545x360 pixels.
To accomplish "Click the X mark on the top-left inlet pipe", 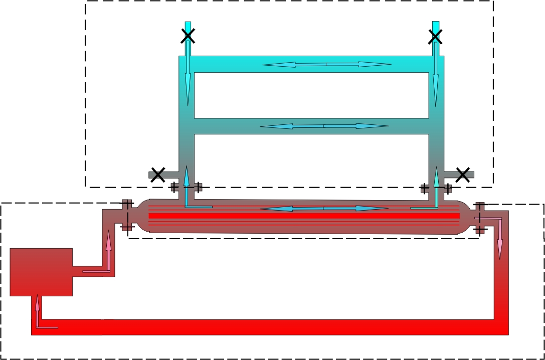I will point(188,36).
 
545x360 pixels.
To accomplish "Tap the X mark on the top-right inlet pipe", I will point(435,36).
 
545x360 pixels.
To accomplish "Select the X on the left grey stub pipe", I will point(158,175).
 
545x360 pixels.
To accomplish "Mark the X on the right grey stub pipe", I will point(462,174).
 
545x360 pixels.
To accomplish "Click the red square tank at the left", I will point(41,271).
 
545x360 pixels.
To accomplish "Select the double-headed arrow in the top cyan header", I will point(326,64).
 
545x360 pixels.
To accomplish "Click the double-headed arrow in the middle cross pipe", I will point(324,126).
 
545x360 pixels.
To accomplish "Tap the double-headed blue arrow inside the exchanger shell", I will point(324,208).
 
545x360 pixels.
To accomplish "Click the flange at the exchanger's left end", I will point(126,215).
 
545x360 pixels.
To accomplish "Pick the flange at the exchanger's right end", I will point(480,219).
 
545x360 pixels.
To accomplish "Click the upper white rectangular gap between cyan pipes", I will point(311,95).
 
